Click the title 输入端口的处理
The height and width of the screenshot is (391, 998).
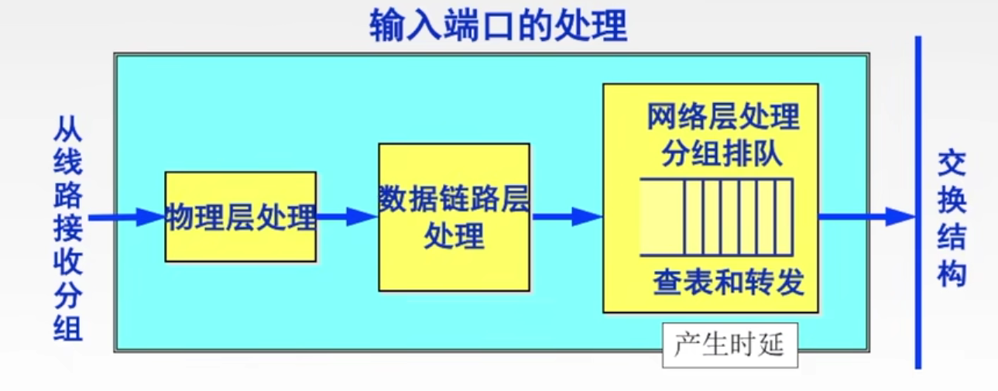[498, 25]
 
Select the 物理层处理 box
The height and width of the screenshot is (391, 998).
[241, 217]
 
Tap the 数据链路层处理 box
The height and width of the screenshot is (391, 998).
[454, 217]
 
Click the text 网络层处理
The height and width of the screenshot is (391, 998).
[723, 119]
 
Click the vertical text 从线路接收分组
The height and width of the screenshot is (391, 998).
[67, 228]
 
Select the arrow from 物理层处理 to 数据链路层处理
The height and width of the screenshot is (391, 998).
[347, 217]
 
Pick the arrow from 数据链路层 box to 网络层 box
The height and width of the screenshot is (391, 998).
[566, 217]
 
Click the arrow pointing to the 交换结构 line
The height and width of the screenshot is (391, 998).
[867, 217]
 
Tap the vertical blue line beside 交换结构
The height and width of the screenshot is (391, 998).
[918, 201]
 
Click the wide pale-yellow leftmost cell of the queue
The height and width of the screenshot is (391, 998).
[659, 217]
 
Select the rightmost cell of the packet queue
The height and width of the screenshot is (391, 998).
[784, 217]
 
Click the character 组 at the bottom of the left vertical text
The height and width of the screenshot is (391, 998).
[67, 329]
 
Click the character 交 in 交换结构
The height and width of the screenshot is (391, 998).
[952, 165]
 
